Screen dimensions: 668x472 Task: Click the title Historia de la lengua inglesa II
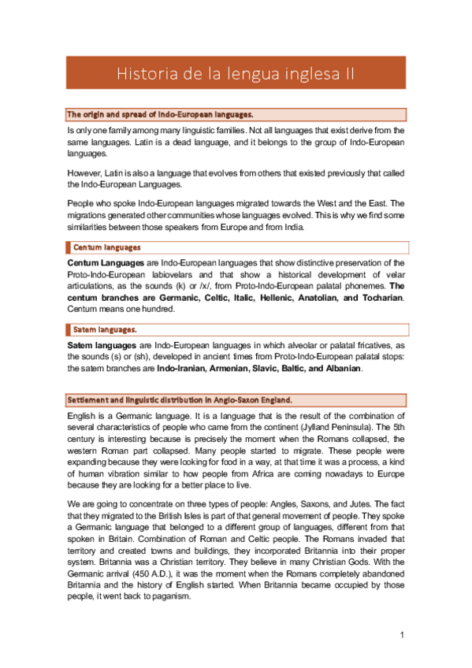pyautogui.click(x=236, y=74)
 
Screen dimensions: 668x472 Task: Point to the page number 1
pyautogui.click(x=401, y=635)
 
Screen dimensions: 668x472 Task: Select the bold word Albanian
pyautogui.click(x=337, y=369)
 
